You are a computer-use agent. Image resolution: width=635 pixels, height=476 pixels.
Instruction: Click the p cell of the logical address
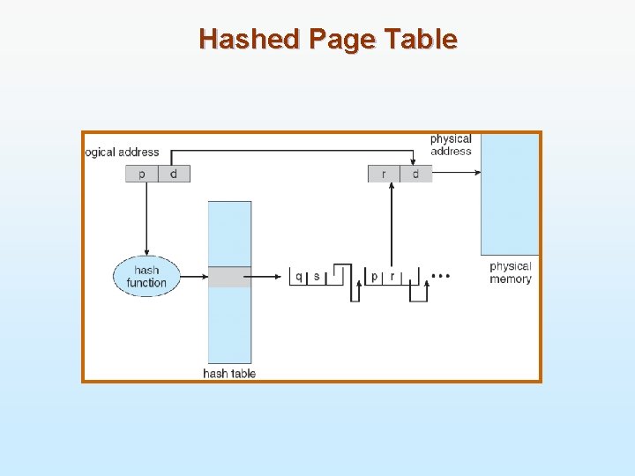141,174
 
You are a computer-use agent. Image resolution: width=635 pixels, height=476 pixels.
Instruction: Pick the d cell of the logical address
174,174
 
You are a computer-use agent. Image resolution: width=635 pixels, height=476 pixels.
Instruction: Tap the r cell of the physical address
384,174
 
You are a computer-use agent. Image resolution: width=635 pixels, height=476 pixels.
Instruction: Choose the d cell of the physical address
416,174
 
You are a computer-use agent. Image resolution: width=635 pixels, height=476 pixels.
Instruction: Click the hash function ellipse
146,276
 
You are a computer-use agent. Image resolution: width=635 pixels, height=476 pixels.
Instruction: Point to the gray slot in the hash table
229,277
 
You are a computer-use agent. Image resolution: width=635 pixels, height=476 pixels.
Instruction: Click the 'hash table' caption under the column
229,374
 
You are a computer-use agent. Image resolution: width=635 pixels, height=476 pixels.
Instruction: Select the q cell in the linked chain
299,277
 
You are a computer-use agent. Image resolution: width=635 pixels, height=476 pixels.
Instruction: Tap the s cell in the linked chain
317,277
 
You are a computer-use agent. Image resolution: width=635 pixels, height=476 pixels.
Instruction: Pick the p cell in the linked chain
375,277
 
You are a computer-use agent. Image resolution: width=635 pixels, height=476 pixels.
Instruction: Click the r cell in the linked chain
392,277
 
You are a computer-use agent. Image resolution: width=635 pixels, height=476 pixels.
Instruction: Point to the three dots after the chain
441,277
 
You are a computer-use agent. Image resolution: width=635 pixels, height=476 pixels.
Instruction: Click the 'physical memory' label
511,272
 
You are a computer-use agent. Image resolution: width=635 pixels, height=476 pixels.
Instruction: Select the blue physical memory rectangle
510,194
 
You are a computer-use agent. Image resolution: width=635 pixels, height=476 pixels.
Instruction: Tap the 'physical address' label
451,145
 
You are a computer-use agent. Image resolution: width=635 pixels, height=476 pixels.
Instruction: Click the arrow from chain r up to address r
391,225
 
